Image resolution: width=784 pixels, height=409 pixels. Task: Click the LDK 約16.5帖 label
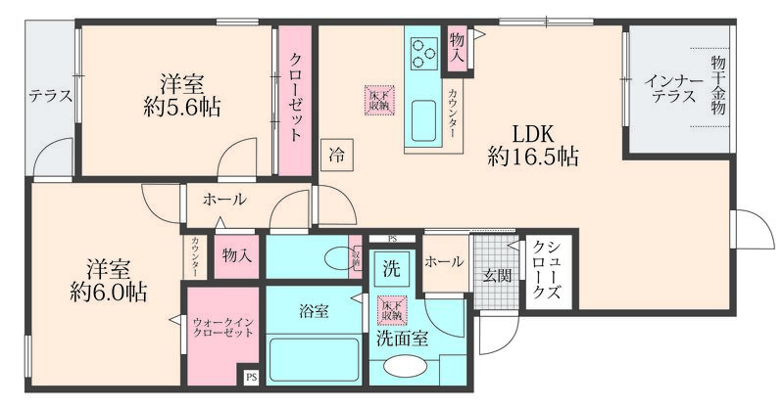tap(532, 144)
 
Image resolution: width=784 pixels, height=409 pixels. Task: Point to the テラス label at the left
tap(50, 96)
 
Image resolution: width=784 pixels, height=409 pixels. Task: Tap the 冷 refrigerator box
tap(337, 154)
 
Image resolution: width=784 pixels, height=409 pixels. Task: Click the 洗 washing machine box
tap(390, 267)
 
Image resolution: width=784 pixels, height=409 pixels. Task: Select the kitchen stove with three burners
tap(425, 51)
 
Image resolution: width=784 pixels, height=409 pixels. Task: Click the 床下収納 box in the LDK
tap(379, 98)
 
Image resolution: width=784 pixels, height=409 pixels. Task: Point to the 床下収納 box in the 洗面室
tap(392, 310)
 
